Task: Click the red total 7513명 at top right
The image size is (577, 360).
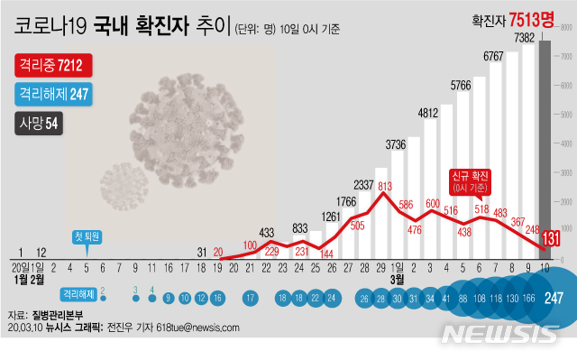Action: coord(529,19)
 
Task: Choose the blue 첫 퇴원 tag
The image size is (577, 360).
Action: coord(87,236)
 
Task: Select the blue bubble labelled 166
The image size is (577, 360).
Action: coord(527,299)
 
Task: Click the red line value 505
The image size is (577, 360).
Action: coord(357,226)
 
